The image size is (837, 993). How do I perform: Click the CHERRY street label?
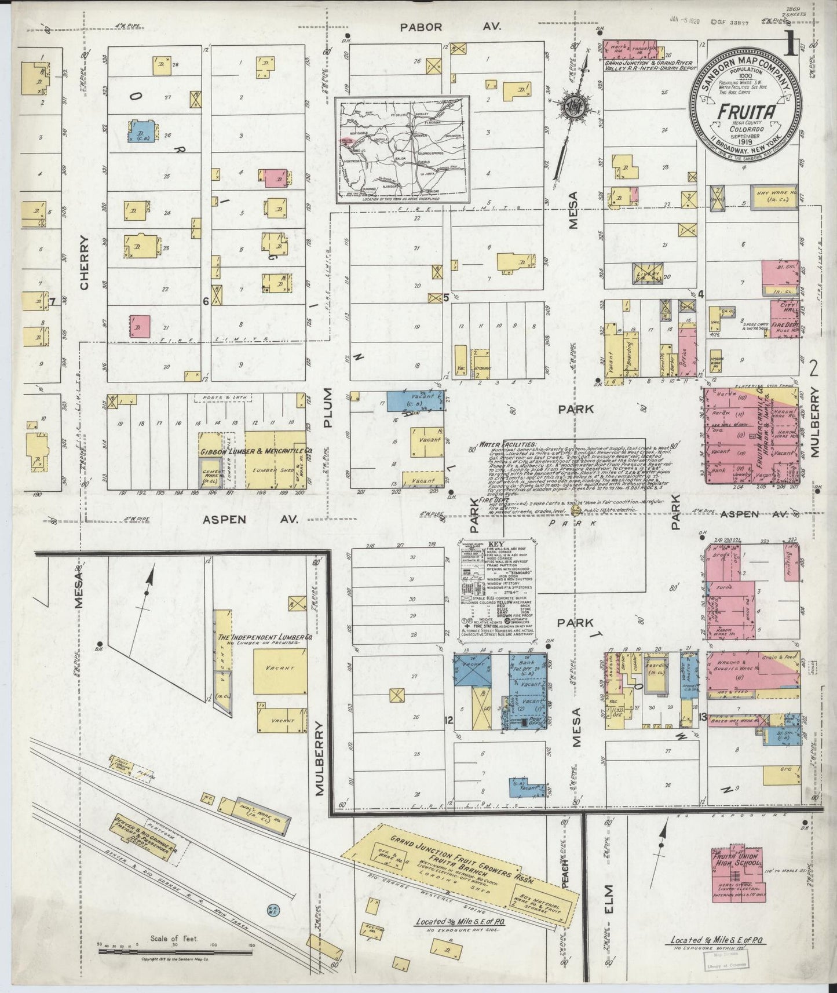[x=85, y=262]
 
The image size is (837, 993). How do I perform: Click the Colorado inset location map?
[x=403, y=150]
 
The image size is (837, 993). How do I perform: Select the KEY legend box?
[x=496, y=591]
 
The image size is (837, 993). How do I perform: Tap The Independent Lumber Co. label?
[x=265, y=636]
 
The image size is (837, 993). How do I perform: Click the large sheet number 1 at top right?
[x=789, y=46]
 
